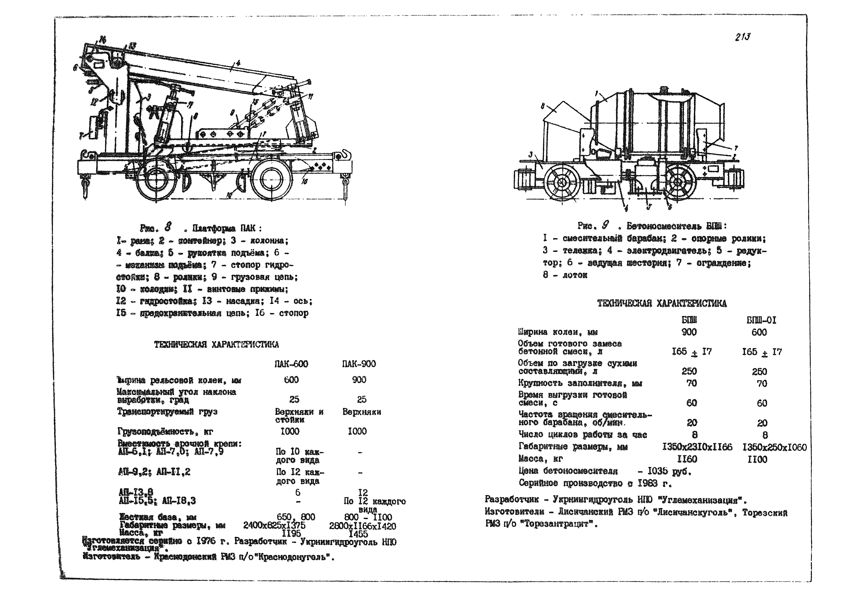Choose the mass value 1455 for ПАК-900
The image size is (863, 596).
tap(358, 534)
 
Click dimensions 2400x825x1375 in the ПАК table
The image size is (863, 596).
tap(274, 525)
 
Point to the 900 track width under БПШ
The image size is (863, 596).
tap(689, 332)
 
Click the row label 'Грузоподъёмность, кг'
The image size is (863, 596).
tap(165, 432)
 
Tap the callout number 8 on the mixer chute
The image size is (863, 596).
tap(544, 106)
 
